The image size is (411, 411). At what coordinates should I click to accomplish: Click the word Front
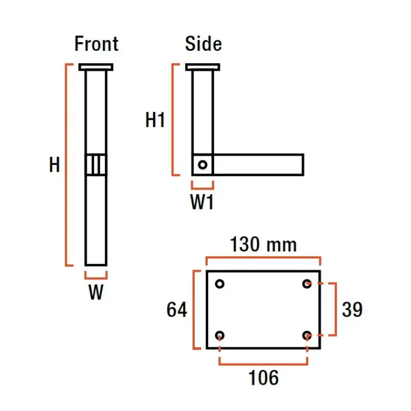click(97, 44)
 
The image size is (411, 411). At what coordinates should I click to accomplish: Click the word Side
click(203, 44)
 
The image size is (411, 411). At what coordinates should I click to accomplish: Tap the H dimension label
click(54, 164)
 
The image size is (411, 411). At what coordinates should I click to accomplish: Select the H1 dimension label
click(155, 120)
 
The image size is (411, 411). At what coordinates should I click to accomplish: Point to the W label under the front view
click(96, 292)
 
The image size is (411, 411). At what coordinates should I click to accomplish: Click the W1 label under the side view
click(202, 202)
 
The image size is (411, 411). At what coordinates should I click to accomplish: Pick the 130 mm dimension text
click(263, 245)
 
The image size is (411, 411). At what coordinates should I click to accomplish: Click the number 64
click(177, 310)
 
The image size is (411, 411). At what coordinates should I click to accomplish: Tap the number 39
click(352, 310)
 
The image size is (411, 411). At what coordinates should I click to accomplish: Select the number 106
click(264, 378)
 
